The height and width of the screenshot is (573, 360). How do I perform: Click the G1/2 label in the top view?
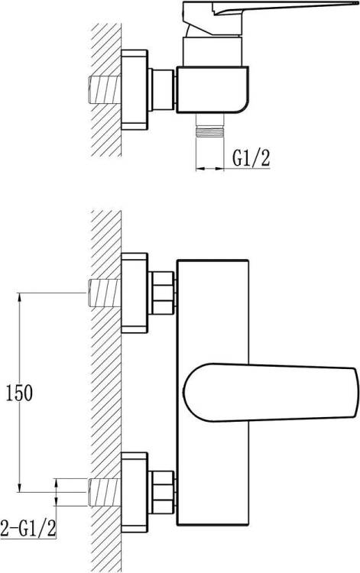pos(251,158)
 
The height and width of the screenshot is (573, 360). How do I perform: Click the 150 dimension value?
pos(19,393)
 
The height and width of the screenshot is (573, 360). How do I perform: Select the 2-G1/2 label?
pos(28,528)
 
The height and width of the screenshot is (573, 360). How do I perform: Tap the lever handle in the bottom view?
pos(270,393)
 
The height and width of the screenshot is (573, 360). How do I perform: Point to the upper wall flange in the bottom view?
pos(135,293)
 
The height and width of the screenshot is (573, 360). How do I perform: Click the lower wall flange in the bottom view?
pos(135,492)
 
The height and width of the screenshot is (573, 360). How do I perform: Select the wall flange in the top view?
pos(135,90)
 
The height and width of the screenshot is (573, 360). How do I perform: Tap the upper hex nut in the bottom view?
pos(161,293)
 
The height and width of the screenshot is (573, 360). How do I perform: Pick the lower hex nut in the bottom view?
pos(161,492)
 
